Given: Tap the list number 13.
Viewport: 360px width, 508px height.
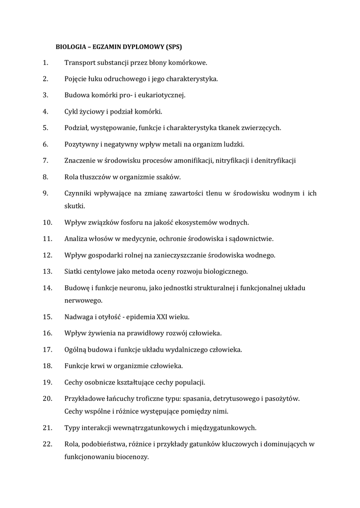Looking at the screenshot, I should click(48, 271).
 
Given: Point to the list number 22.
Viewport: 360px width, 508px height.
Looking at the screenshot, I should click(48, 444).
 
